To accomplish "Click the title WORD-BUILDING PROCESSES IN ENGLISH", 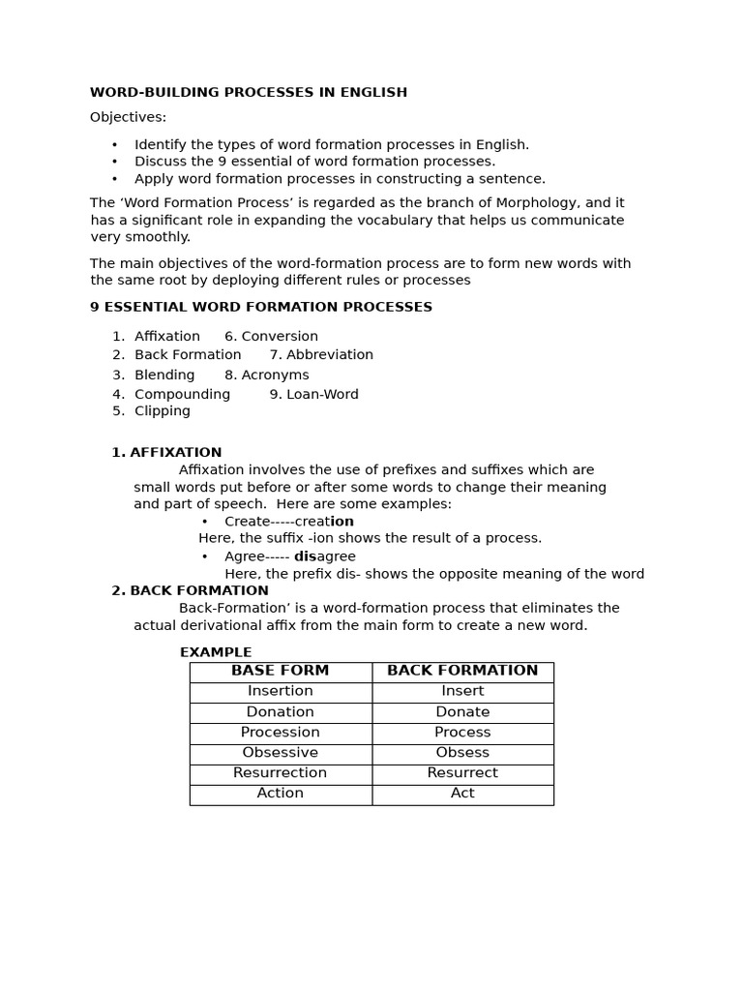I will [249, 93].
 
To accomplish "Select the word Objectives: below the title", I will [128, 117].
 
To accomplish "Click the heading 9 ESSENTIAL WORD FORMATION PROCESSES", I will [261, 308].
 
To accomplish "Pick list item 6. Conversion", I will [271, 337].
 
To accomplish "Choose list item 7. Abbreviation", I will [321, 355].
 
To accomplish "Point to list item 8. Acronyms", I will [267, 375].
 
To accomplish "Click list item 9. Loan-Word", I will [313, 395].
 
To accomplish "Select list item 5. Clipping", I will [152, 411].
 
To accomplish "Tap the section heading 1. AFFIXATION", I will [166, 453].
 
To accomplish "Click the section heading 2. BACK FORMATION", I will [190, 591].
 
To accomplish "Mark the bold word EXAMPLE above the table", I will [216, 652].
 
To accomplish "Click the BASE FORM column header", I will [281, 671].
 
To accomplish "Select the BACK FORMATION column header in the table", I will [462, 671].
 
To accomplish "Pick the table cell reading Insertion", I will [281, 691].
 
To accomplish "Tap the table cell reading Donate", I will [462, 712].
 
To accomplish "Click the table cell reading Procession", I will [281, 733].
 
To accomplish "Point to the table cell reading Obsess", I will [462, 753].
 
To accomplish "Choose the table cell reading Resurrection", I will [281, 773].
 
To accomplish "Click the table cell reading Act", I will [462, 794].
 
